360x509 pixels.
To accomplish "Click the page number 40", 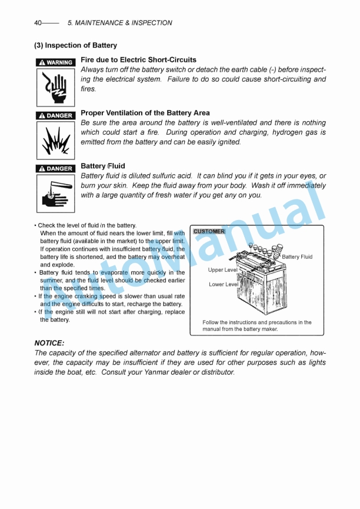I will pos(38,23).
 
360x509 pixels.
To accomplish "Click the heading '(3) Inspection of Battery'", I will pos(75,45).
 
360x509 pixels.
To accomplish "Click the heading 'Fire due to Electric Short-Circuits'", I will pos(138,59).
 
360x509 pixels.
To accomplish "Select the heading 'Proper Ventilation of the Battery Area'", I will pos(145,112).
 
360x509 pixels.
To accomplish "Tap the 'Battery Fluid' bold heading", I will pos(102,166).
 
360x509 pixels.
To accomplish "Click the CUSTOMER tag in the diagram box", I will pos(209,231).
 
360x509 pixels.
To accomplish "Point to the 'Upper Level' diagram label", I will pos(222,270).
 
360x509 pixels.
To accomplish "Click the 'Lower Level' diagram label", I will pos(224,284).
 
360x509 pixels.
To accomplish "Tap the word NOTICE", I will pos(49,342).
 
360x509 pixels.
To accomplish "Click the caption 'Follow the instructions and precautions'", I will pos(256,322).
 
